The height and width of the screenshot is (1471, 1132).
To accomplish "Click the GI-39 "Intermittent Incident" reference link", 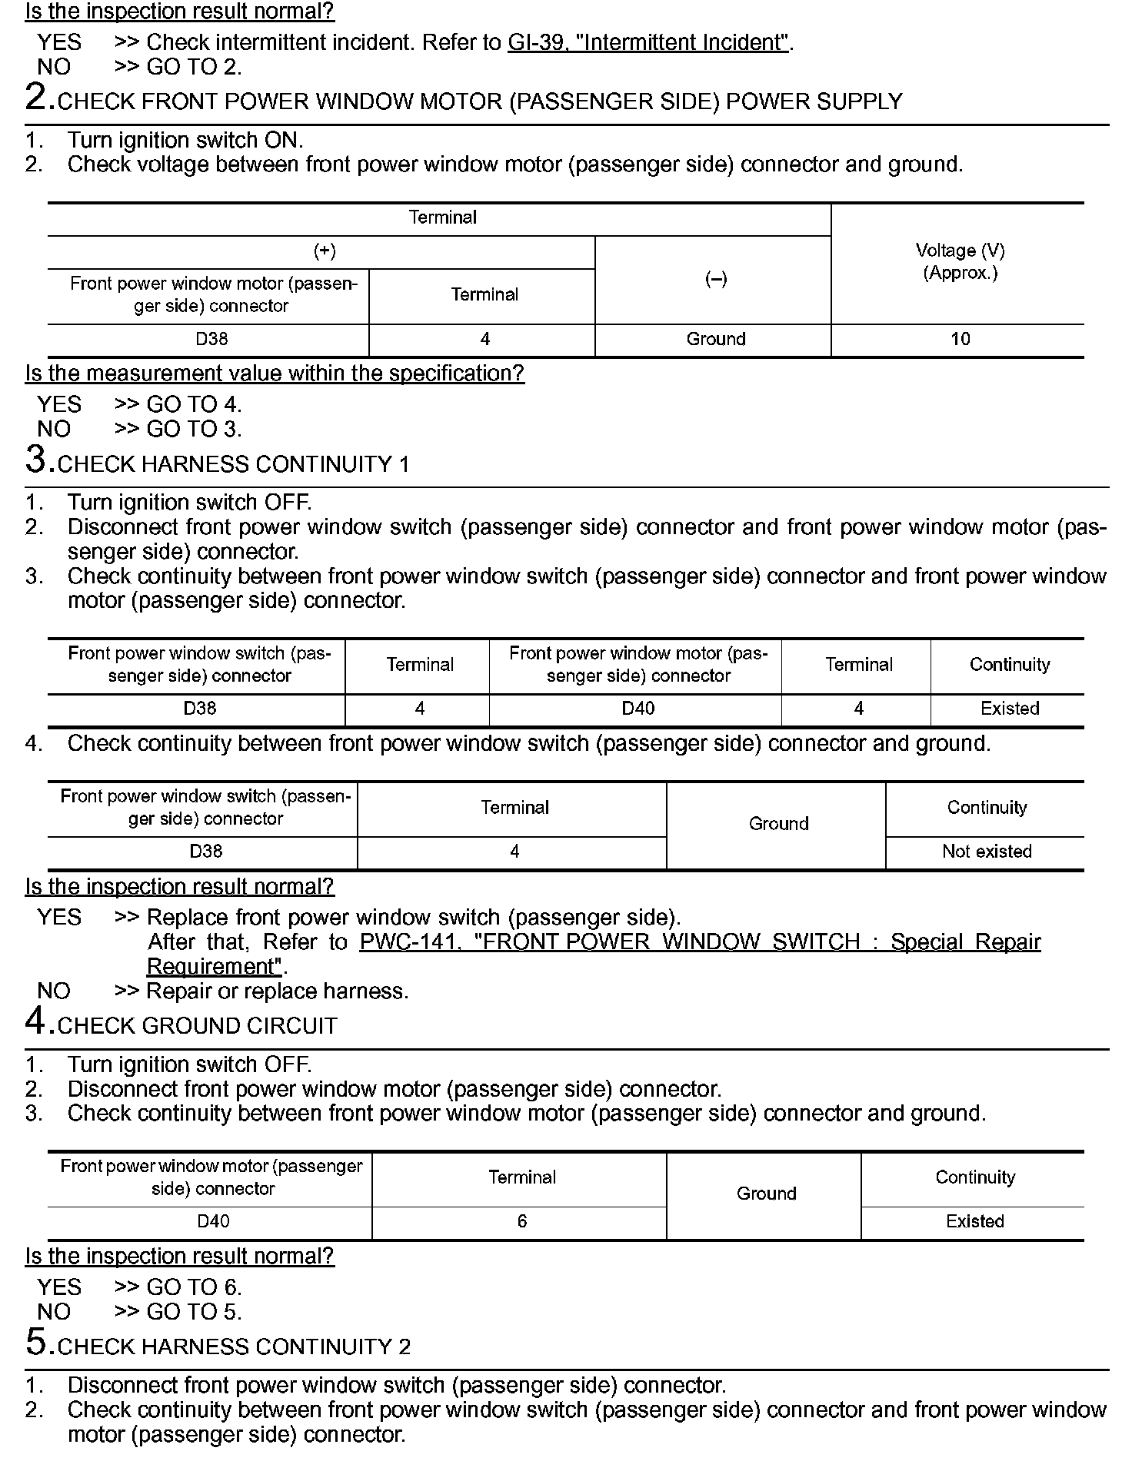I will tap(648, 42).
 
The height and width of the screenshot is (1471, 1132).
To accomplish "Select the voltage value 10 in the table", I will tap(960, 339).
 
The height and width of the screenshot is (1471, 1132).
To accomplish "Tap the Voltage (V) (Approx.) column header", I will tap(960, 261).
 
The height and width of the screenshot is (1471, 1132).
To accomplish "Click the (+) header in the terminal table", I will tap(325, 251).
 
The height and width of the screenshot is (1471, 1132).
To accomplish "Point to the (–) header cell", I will tap(715, 279).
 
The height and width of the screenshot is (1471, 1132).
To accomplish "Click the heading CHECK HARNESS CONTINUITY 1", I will tap(233, 464).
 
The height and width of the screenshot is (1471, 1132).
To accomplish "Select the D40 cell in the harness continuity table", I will tap(638, 709).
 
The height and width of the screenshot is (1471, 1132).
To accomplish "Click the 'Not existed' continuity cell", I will tap(987, 852).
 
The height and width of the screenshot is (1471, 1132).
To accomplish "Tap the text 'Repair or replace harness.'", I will tap(277, 991).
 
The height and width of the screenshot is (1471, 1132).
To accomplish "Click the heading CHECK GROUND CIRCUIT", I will tap(198, 1026).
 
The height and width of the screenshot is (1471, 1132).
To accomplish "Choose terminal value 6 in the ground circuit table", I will tap(521, 1221).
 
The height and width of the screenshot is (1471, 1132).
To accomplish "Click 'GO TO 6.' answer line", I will tap(194, 1287).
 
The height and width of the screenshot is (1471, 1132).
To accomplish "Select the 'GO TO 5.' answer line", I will tap(194, 1312).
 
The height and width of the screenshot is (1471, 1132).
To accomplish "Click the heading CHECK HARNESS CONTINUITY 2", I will tap(234, 1346).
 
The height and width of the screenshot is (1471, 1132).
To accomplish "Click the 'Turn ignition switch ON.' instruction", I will tap(185, 140).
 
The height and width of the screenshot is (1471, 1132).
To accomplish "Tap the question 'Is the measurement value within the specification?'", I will tap(275, 374).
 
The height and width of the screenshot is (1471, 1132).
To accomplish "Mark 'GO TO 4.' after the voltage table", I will tap(194, 404).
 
